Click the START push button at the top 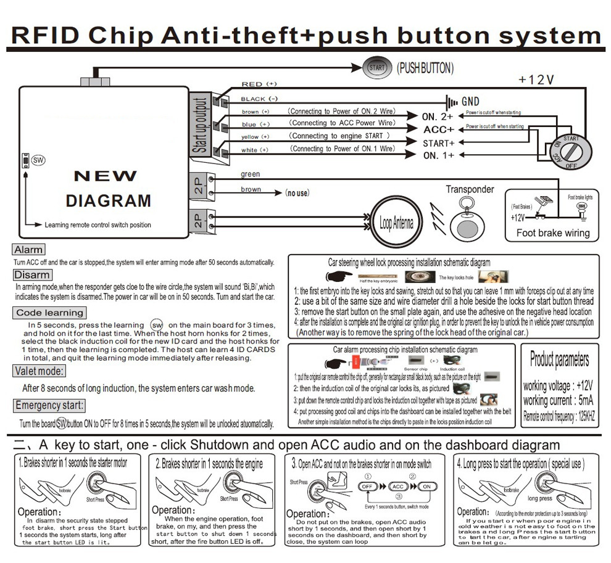point(376,68)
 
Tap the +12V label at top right point(536,80)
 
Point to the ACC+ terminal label point(439,129)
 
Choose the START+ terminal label point(438,143)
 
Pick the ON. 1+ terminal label point(438,155)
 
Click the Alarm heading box point(28,250)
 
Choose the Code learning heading point(49,313)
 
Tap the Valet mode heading point(39,371)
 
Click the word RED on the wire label point(252,84)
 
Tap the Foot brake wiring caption point(552,233)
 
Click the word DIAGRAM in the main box point(108,201)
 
